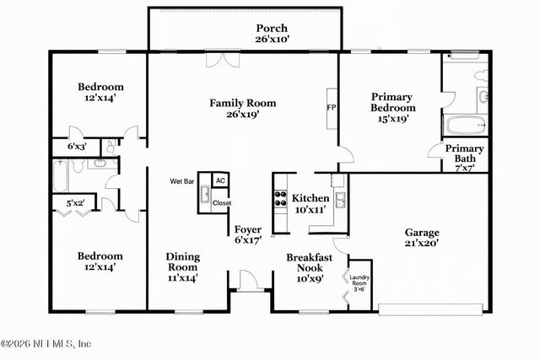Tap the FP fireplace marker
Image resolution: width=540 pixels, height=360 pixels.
pos(332,108)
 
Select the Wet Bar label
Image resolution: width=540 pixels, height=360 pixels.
pos(183,180)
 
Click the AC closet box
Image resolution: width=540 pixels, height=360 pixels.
pos(220,180)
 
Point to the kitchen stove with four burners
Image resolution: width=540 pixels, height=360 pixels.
pos(278,200)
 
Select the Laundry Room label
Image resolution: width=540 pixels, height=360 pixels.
pos(360,282)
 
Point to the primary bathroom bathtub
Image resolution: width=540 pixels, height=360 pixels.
pos(465,127)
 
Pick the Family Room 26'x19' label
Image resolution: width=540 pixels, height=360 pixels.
pos(243,109)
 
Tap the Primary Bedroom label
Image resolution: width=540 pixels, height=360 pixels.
pos(392,108)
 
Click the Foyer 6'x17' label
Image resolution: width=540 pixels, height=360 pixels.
pos(248,234)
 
